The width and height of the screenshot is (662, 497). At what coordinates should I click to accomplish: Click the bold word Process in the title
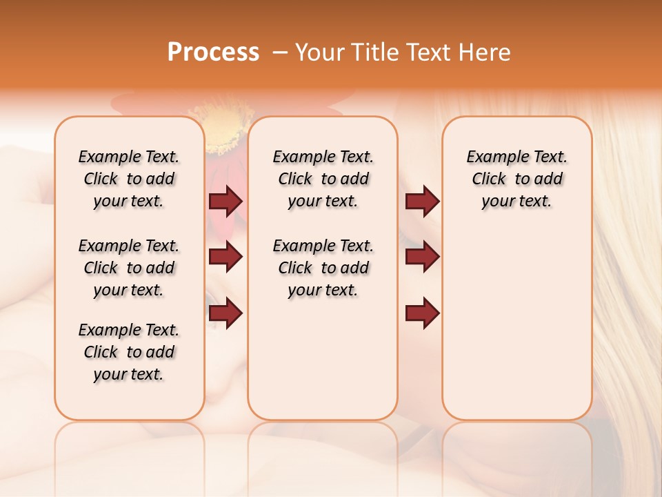click(x=213, y=52)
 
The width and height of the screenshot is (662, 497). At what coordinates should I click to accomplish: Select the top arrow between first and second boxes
click(x=225, y=201)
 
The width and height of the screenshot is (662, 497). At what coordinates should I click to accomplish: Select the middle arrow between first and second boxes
click(x=225, y=257)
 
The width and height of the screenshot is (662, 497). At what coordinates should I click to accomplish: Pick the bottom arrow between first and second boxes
click(x=225, y=314)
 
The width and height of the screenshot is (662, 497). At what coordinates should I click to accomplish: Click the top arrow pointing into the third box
click(x=422, y=201)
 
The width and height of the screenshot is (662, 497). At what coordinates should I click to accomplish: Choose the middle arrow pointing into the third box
click(x=422, y=257)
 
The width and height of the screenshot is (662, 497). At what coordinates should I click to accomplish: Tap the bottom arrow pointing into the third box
click(x=422, y=314)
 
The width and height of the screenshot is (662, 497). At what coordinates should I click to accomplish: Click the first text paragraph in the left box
click(x=129, y=179)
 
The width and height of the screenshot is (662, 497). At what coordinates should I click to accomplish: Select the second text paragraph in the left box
click(x=129, y=268)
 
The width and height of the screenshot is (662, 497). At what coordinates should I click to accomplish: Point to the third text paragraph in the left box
click(x=129, y=352)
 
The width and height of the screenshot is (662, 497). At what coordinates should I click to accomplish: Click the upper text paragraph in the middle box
click(x=323, y=179)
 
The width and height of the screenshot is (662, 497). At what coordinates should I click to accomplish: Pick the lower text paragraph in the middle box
click(x=323, y=268)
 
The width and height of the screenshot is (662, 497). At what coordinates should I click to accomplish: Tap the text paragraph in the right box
click(x=516, y=179)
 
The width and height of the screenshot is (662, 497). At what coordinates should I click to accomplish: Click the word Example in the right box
click(x=492, y=157)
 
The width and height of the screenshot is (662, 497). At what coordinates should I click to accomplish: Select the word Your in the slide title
click(x=318, y=52)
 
